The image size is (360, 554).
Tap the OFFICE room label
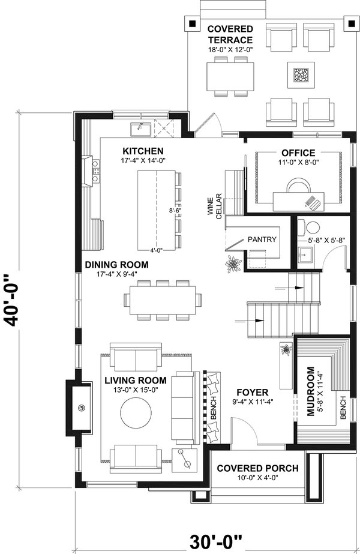click(x=298, y=153)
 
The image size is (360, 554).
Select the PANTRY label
click(x=262, y=239)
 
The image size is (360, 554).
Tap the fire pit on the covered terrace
click(x=300, y=75)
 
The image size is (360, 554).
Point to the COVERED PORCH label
click(x=257, y=468)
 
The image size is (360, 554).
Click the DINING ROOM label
click(x=116, y=264)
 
